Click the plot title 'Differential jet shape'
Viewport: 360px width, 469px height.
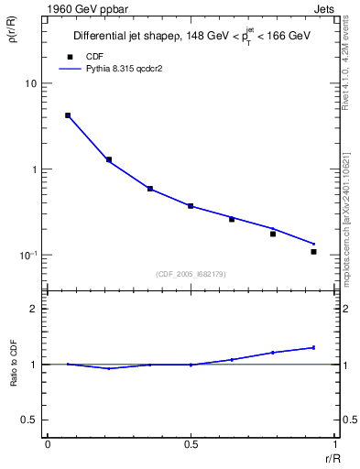pos(131,37)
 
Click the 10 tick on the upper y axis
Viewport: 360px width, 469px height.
pos(31,84)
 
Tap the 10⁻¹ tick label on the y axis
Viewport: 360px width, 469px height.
pos(28,256)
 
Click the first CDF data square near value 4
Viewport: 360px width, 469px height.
pos(68,115)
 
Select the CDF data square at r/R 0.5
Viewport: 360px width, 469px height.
pos(191,206)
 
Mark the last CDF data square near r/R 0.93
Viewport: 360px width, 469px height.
pos(313,251)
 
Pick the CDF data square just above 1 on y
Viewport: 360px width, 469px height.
pos(109,159)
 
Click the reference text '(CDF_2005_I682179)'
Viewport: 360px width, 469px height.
pos(191,272)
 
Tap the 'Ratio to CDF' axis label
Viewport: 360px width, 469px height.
pos(15,364)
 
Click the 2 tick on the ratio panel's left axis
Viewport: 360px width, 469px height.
pos(34,309)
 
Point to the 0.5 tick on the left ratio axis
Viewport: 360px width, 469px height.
pos(30,420)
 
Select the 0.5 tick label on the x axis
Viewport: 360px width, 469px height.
pos(191,443)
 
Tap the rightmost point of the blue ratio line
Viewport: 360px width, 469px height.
pos(313,347)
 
